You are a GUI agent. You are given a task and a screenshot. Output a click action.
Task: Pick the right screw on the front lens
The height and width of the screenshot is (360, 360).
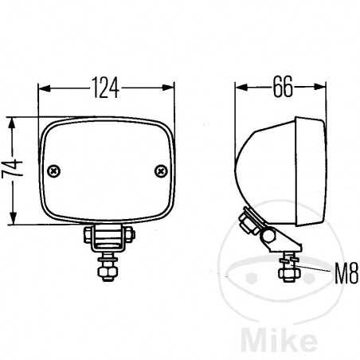(162, 170)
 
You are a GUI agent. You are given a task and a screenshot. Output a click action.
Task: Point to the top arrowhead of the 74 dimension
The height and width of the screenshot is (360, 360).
(12, 119)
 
